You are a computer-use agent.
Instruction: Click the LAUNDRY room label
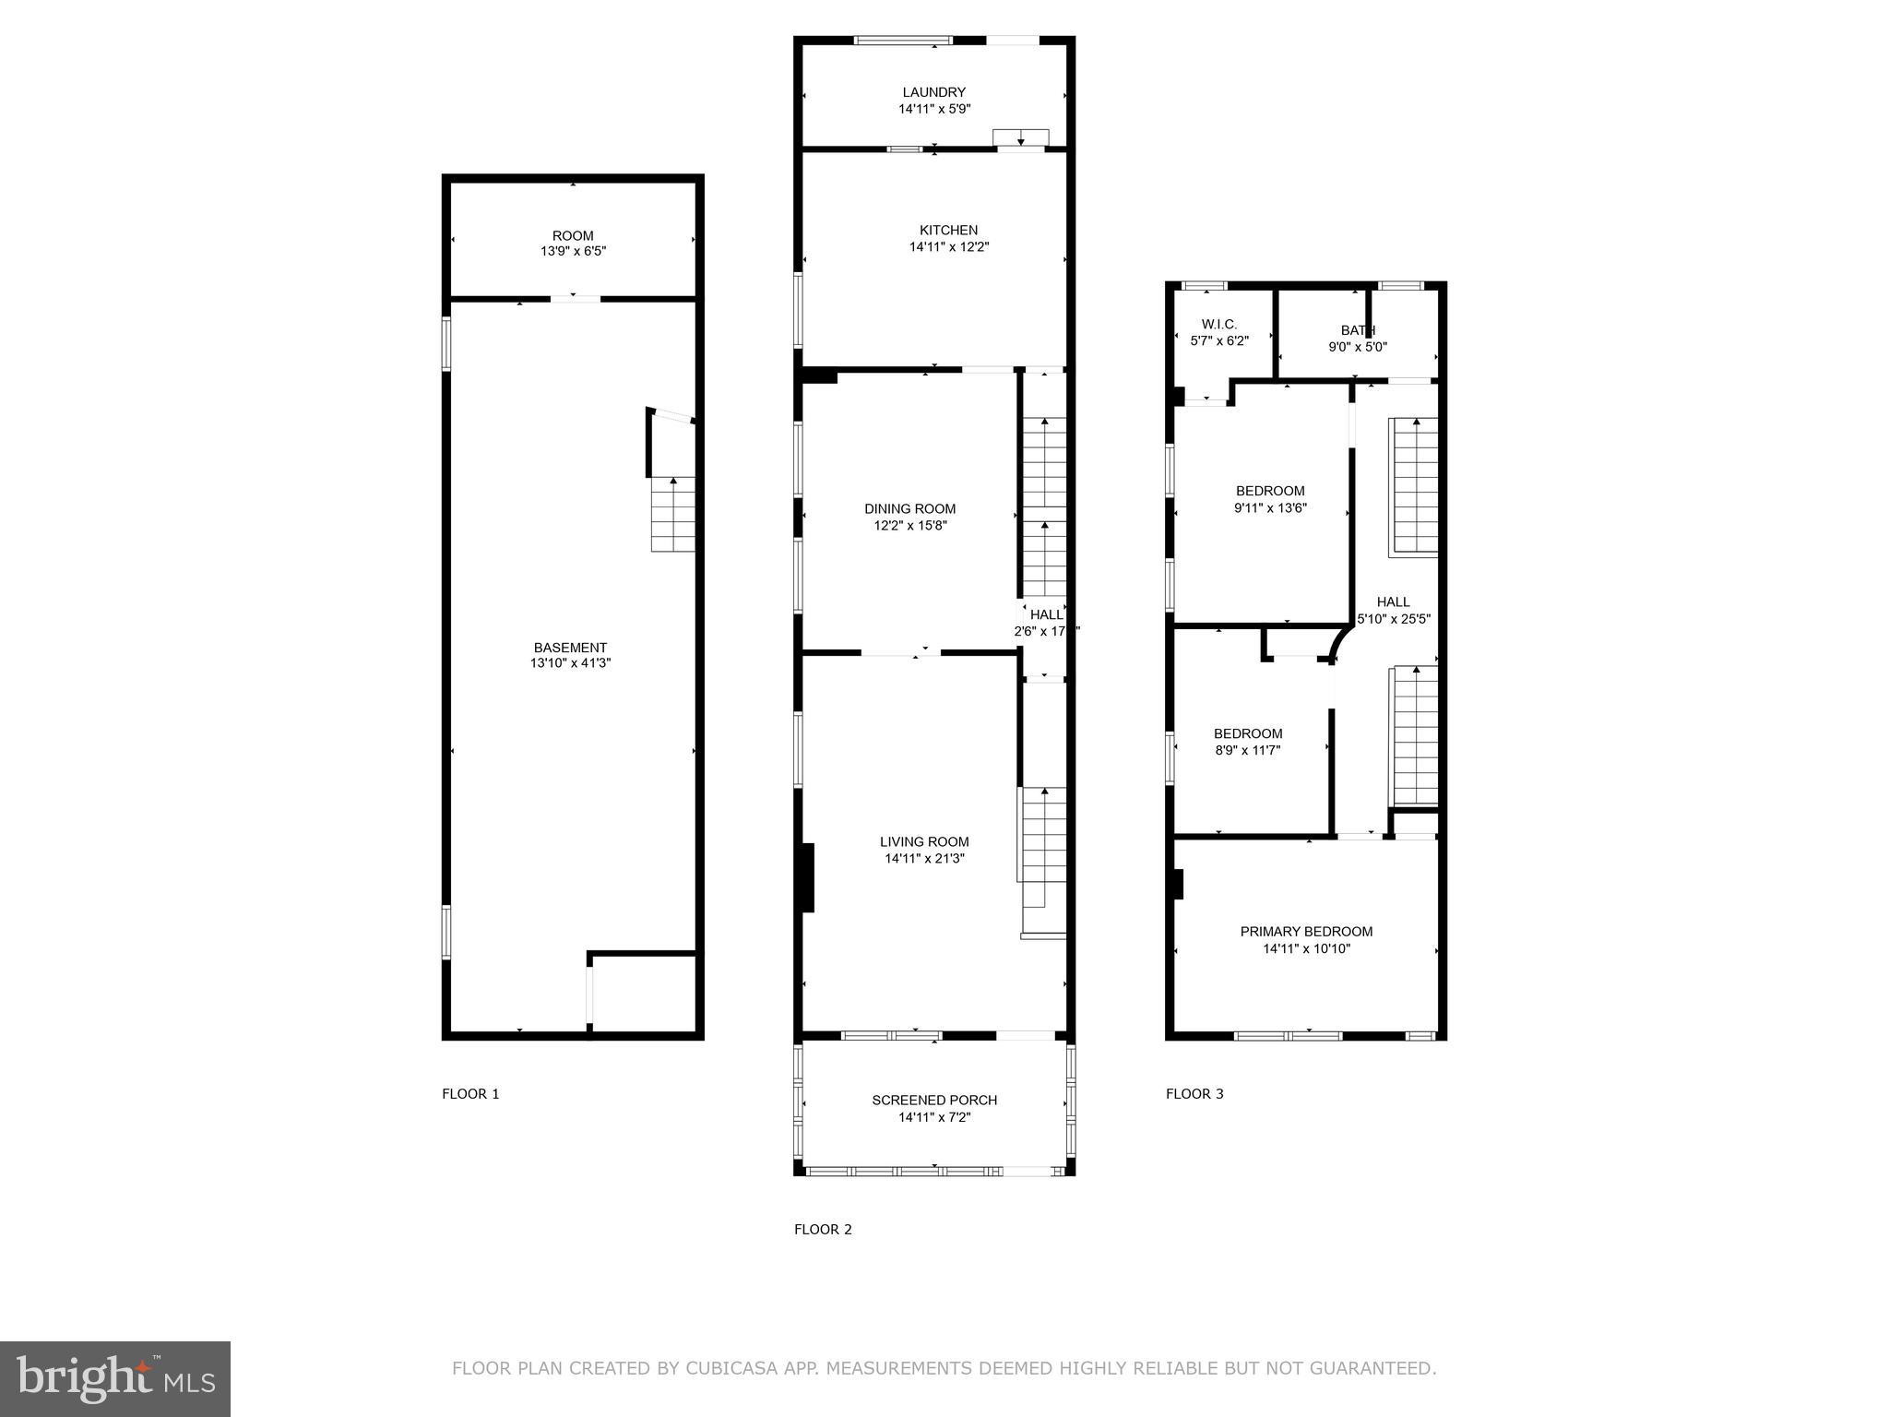coord(933,92)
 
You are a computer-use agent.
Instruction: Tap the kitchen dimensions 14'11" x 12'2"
coord(948,247)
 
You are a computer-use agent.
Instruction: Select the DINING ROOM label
coord(909,508)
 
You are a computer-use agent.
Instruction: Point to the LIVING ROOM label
coord(924,841)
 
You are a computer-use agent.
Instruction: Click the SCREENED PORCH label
coord(934,1100)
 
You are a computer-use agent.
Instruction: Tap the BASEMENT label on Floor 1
coord(570,648)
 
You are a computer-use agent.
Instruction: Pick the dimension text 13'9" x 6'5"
coord(573,251)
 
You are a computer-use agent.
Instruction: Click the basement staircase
coord(673,515)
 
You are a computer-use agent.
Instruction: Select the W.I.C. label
coord(1218,324)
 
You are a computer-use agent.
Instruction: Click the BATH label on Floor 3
coord(1358,330)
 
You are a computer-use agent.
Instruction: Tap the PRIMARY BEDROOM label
coord(1306,932)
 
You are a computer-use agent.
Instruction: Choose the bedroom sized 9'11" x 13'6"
coord(1270,499)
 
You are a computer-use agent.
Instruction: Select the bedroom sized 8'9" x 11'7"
coord(1247,742)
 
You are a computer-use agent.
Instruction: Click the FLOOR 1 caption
coord(470,1094)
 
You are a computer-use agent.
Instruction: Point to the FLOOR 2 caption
coord(823,1229)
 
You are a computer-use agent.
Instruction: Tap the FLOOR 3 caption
coord(1194,1094)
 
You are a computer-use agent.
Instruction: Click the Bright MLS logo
coord(114,1378)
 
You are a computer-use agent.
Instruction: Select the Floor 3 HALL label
coord(1393,601)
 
